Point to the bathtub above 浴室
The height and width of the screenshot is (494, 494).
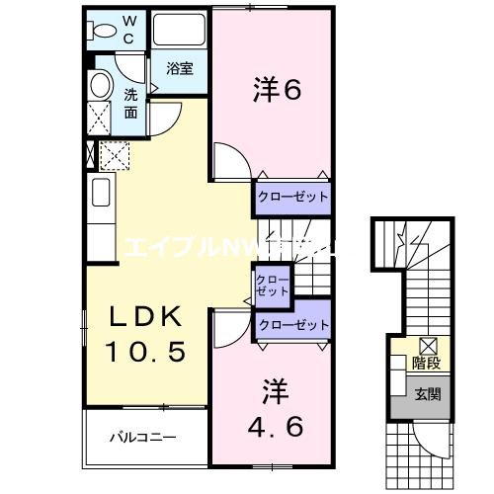(x=179, y=30)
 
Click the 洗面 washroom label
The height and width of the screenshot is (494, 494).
(x=131, y=102)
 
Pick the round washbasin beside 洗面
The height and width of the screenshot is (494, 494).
(x=100, y=85)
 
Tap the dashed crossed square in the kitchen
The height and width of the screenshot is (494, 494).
(x=113, y=155)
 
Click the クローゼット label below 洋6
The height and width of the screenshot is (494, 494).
(x=292, y=197)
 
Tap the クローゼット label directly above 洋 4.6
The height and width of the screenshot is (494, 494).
(x=292, y=324)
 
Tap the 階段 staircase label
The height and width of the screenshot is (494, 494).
(x=426, y=363)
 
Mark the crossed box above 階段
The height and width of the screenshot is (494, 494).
(x=428, y=345)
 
